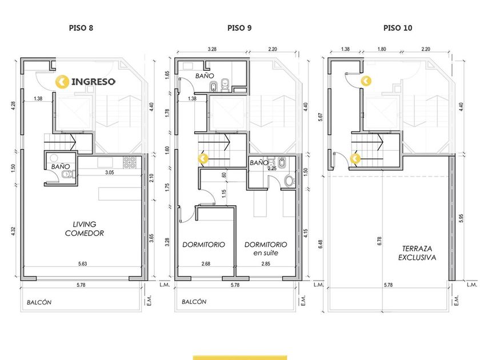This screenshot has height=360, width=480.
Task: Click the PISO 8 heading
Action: (81, 28)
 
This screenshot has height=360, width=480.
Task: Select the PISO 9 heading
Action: (239, 28)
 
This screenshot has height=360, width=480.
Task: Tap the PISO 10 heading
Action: (398, 28)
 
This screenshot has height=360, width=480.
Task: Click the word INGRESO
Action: (93, 82)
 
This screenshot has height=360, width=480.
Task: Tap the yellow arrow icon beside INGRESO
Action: (62, 82)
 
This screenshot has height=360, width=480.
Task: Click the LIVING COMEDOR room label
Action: (84, 229)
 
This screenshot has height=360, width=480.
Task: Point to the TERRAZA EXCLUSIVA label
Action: (417, 253)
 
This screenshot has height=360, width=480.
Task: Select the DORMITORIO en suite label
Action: (266, 249)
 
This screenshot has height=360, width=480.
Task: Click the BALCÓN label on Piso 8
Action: (39, 302)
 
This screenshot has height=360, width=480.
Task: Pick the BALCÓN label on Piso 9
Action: (194, 302)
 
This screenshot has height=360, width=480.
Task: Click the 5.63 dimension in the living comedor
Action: (82, 263)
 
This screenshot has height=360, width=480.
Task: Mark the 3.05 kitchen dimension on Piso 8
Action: (109, 173)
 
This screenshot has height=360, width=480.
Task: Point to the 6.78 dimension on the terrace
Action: (379, 241)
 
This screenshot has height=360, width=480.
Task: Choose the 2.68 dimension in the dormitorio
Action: (206, 263)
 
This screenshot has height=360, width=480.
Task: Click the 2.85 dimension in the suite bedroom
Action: (266, 263)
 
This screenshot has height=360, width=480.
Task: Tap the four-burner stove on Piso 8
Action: (130, 162)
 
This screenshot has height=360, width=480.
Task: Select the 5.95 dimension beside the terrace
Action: (461, 218)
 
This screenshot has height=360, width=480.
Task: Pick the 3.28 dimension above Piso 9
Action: (212, 49)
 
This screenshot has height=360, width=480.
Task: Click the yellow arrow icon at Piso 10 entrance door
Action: (366, 81)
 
